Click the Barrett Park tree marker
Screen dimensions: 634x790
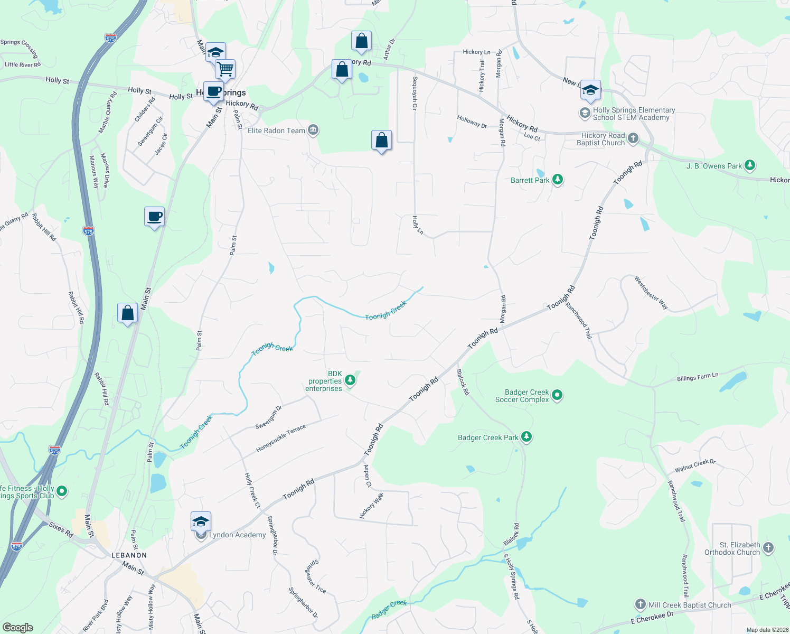[x=557, y=180]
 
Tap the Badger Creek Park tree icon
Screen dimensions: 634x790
[x=526, y=437]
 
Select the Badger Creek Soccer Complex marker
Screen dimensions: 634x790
[x=557, y=395]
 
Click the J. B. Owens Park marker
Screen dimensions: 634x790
[x=750, y=165]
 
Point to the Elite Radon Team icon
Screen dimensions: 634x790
[x=313, y=130]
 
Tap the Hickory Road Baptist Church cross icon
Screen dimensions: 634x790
[x=633, y=138]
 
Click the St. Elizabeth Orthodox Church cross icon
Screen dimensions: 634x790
[x=768, y=548]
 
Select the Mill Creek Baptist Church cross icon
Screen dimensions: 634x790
[x=640, y=604]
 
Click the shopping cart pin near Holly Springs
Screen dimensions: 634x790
[x=225, y=69]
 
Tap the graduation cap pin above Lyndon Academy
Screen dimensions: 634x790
[x=201, y=522]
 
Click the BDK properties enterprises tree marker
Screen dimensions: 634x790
[x=350, y=380]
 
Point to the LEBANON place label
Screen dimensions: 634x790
[x=129, y=555]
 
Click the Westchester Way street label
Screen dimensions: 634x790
[x=651, y=293]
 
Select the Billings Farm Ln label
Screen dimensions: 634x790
[x=698, y=377]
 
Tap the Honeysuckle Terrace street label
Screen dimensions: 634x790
[x=281, y=439]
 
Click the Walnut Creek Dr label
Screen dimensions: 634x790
[x=695, y=466]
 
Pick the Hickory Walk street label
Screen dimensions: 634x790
[x=372, y=506]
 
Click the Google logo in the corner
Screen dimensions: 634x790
[x=18, y=627]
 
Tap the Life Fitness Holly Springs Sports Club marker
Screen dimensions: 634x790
[x=62, y=491]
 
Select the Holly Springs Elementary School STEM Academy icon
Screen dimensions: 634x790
[x=585, y=113]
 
